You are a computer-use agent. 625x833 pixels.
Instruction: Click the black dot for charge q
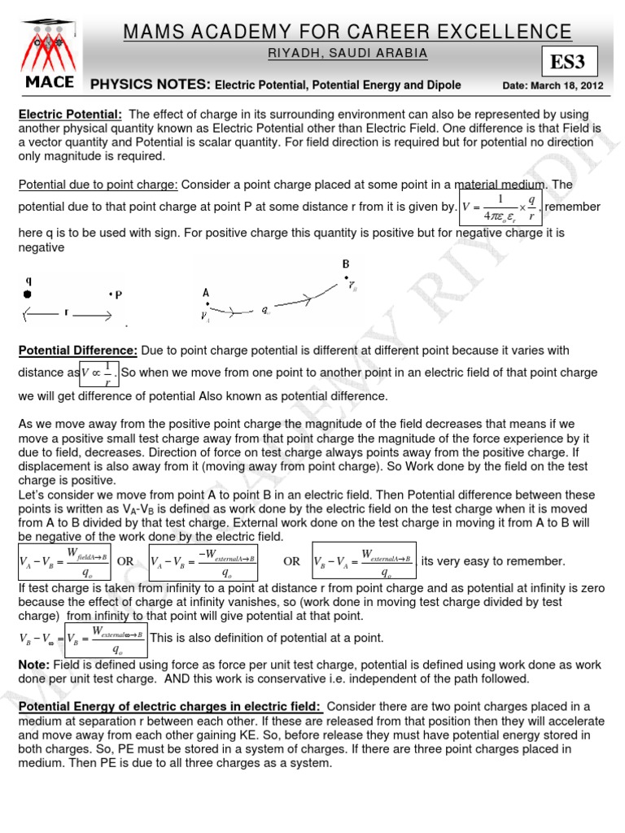click(x=29, y=294)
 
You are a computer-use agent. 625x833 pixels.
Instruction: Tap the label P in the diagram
click(x=118, y=295)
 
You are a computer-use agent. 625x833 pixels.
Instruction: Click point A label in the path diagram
click(x=206, y=293)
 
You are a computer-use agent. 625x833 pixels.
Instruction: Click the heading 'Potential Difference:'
click(x=77, y=350)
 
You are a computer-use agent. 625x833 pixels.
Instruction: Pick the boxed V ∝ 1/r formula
click(x=100, y=372)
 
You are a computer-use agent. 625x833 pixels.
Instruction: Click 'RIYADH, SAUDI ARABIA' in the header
click(x=347, y=54)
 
